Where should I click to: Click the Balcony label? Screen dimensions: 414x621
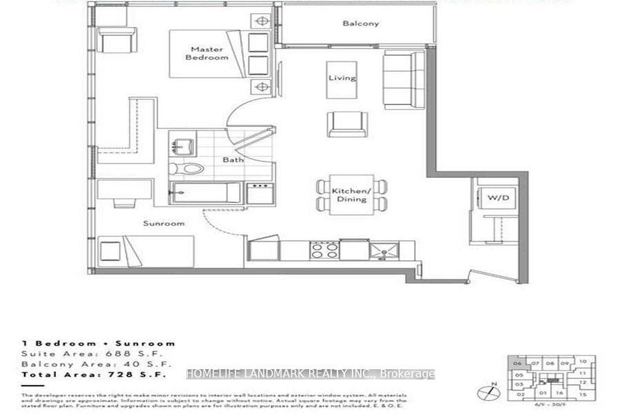360,23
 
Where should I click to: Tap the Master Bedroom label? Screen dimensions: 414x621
206,53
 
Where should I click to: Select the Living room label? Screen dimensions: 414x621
342,78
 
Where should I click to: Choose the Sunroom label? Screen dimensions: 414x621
164,224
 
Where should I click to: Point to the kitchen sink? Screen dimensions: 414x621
380,250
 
